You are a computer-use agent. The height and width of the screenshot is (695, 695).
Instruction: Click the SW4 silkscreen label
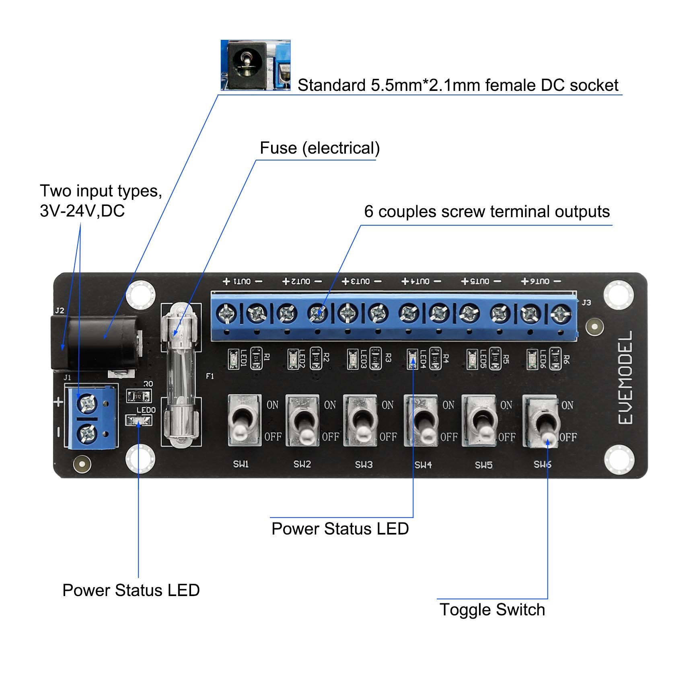(423, 465)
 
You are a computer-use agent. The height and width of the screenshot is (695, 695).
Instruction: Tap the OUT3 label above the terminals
(361, 282)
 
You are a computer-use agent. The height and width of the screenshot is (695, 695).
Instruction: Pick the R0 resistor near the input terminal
(138, 396)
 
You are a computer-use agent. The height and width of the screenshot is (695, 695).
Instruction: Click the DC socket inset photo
(255, 65)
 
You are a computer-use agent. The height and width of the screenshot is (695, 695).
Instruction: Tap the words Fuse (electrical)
(320, 148)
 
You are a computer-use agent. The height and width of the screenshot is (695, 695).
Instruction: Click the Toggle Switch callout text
(492, 610)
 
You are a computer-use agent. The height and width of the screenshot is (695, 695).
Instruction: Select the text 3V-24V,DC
(82, 211)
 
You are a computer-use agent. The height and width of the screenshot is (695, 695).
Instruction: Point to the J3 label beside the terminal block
(586, 302)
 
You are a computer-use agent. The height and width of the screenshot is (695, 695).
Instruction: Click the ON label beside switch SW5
(506, 405)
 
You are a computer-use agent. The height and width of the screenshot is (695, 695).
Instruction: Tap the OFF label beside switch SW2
(330, 437)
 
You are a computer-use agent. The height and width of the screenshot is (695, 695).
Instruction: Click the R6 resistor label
(566, 359)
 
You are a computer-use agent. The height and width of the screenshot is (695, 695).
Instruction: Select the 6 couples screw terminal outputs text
(487, 212)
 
